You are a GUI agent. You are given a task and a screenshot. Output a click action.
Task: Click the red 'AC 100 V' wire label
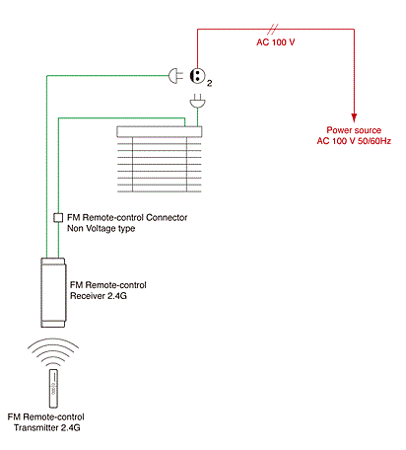click(276, 42)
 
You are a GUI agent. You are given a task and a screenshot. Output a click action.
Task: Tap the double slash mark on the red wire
click(273, 30)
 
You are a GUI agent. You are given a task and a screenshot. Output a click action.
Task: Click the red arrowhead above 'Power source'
click(354, 118)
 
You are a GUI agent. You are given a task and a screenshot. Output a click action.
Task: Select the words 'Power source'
click(354, 130)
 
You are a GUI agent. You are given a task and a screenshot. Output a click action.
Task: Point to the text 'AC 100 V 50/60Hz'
click(354, 141)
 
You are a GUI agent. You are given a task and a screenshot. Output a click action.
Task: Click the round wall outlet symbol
click(197, 76)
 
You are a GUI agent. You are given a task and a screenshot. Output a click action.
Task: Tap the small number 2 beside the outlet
click(210, 83)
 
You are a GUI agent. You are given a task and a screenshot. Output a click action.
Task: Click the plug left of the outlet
click(175, 76)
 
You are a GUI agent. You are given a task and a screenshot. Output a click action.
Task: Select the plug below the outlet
click(198, 101)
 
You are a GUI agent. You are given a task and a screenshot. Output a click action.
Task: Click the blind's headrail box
click(160, 131)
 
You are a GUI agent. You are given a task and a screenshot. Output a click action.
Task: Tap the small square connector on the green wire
click(58, 217)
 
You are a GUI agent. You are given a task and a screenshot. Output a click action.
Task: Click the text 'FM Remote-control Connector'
click(127, 217)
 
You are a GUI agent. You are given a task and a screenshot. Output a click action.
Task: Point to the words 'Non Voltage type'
click(101, 228)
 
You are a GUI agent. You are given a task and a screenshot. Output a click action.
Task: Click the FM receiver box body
click(53, 292)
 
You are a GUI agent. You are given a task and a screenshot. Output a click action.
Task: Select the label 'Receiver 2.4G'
click(99, 296)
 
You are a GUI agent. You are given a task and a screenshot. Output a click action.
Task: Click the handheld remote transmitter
click(53, 389)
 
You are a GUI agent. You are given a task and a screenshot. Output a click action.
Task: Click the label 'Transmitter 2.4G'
click(47, 427)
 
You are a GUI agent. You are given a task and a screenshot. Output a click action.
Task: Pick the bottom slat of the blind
click(160, 190)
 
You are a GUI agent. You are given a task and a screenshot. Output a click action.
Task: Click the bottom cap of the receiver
click(53, 324)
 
